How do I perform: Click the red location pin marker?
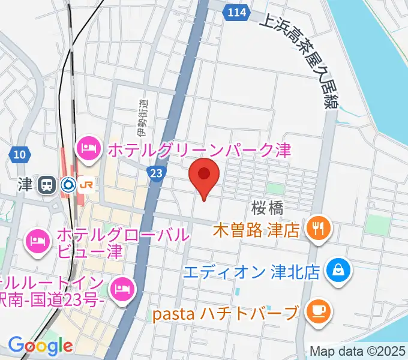click(204, 175)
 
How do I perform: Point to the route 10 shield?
click(19, 155)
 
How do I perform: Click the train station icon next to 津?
click(46, 185)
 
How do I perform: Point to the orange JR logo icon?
click(85, 185)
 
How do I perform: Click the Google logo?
click(40, 346)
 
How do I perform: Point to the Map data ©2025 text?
click(358, 351)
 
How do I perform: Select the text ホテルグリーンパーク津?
click(199, 148)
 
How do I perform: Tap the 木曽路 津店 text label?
click(256, 230)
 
